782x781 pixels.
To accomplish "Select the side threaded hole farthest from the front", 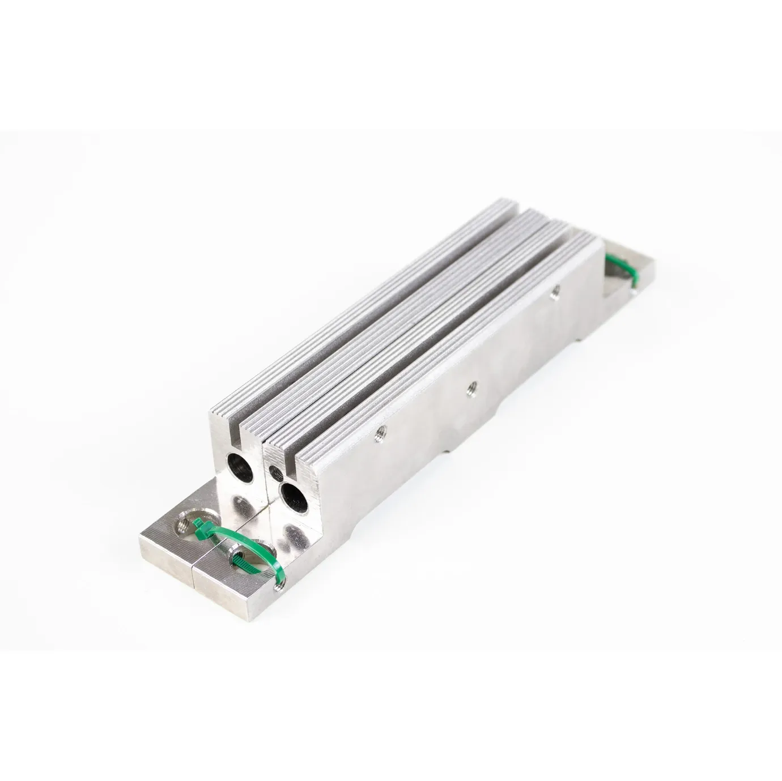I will point(555,292).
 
